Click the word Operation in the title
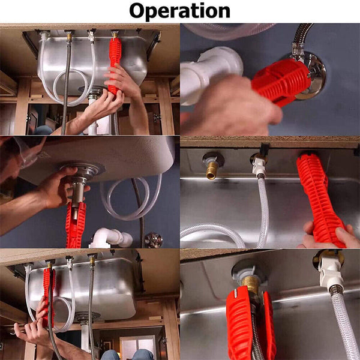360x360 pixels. coord(179,11)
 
